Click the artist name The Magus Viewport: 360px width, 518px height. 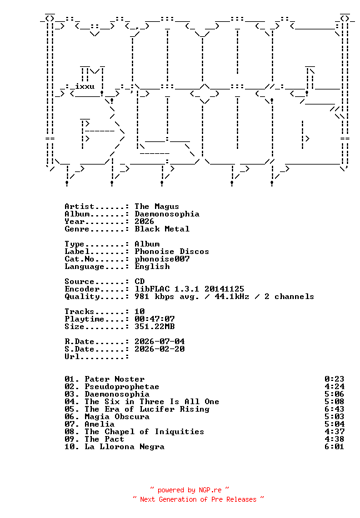point(157,206)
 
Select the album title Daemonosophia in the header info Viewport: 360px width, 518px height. point(167,214)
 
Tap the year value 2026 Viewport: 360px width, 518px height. point(144,221)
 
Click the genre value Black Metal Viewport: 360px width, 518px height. point(162,229)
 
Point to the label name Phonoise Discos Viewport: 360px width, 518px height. point(172,251)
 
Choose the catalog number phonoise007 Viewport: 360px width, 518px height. point(162,259)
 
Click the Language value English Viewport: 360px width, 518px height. point(152,267)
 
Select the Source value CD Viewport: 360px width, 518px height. point(139,282)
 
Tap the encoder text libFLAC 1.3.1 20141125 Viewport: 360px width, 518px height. point(189,289)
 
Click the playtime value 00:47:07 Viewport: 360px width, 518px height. point(154,319)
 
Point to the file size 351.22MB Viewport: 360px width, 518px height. point(154,327)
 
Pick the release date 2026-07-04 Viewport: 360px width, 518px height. point(159,342)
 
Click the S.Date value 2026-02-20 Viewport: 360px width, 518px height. point(159,349)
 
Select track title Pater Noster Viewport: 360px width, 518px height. point(114,379)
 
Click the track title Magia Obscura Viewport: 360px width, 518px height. point(117,417)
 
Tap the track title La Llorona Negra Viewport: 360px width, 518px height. point(124,447)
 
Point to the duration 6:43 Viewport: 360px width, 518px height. point(334,409)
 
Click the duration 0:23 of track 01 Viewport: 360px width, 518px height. point(334,379)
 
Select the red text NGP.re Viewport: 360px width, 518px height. point(210,490)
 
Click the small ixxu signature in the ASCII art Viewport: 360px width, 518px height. point(85,86)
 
